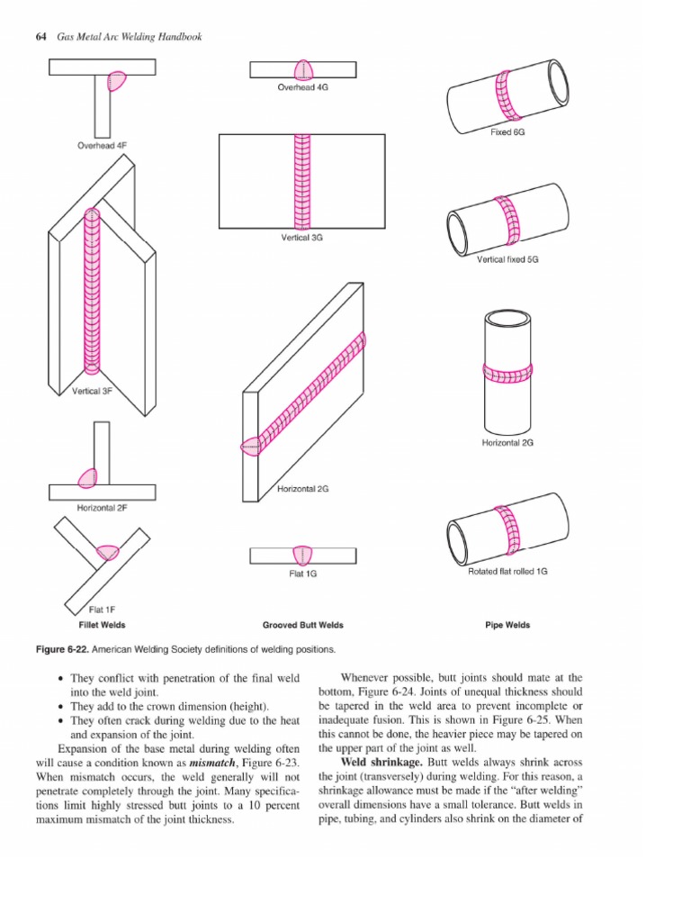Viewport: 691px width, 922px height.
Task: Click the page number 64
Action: [40, 37]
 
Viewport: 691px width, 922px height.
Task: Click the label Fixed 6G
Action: [507, 131]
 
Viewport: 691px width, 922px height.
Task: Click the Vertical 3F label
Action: [92, 391]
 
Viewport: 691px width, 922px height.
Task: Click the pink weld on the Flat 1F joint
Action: [107, 552]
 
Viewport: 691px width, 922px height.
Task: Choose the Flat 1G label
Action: [302, 574]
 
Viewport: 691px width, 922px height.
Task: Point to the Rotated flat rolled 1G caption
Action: [507, 572]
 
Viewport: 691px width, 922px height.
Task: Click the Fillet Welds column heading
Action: [101, 625]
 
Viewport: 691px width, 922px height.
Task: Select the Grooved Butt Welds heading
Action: [302, 625]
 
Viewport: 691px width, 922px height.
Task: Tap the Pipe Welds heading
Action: [507, 625]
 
